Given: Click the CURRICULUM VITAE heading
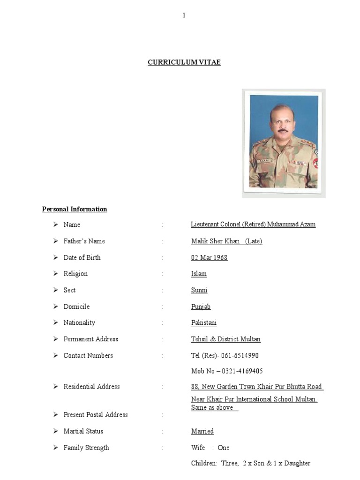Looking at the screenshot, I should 184,62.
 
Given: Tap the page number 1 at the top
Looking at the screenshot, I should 184,15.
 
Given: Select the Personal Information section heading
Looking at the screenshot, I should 75,209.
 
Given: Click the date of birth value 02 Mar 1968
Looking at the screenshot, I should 209,257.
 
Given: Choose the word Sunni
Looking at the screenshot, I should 199,290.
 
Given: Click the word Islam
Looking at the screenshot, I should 199,274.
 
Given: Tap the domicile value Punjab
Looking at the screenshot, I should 201,307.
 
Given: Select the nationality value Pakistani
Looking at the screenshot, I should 204,323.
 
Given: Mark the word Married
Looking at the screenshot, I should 202,431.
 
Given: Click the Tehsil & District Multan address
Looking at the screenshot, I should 225,339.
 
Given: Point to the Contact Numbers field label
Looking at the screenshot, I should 88,356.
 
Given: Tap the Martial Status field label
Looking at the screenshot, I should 83,431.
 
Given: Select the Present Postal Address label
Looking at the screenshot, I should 96,415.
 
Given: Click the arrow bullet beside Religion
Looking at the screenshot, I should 55,274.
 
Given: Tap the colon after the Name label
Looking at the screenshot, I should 163,225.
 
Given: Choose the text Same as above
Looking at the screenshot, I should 214,408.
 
